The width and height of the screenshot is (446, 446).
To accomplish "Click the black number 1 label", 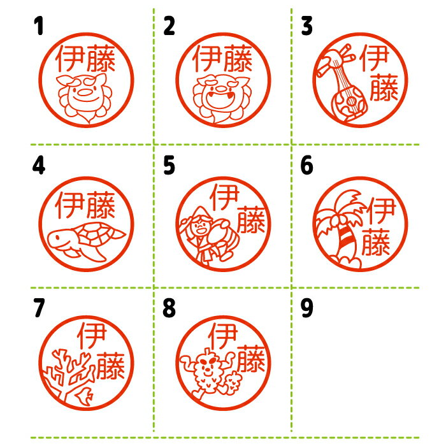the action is click(x=39, y=25).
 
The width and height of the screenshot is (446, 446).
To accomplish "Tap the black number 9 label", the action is click(x=307, y=308).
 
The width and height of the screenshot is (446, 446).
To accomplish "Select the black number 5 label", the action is click(x=169, y=165).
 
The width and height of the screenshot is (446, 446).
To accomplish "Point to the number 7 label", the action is click(x=39, y=308).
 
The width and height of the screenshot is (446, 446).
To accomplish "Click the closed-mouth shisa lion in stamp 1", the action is click(x=85, y=97).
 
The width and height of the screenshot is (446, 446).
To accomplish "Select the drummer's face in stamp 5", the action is click(x=201, y=226).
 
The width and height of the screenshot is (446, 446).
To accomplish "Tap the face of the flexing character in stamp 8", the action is click(x=207, y=366).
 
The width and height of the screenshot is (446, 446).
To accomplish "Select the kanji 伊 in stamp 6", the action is click(x=381, y=210).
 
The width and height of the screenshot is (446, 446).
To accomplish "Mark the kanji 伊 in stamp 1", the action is click(x=70, y=59).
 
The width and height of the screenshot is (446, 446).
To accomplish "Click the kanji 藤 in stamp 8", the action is click(x=251, y=358).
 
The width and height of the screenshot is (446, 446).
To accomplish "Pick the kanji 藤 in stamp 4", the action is click(x=101, y=205).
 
